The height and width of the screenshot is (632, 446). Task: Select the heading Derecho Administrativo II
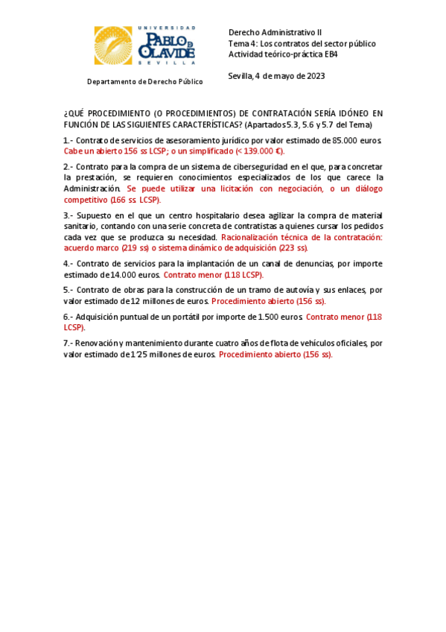[x=275, y=33]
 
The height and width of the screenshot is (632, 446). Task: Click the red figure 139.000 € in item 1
[x=257, y=150]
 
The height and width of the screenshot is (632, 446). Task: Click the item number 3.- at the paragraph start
[x=69, y=215]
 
